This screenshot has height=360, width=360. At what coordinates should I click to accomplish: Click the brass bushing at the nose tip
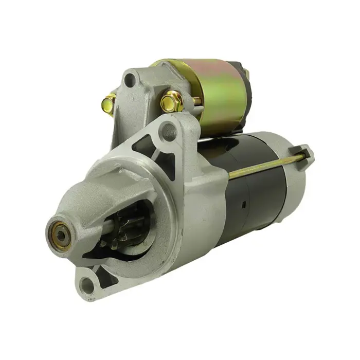[x=60, y=235]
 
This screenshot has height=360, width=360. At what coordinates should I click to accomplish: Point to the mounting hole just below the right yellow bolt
[x=168, y=132]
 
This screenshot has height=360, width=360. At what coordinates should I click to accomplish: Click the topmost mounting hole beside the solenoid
[x=131, y=79]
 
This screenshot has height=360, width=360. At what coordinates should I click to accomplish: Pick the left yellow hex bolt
[x=109, y=104]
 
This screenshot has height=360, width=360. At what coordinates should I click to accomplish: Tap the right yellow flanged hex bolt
[x=171, y=101]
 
